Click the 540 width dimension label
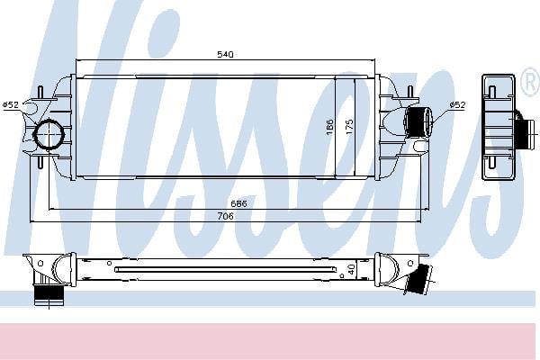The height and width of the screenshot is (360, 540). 225,54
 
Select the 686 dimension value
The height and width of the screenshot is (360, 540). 238,203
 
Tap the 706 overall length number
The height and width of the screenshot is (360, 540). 225,216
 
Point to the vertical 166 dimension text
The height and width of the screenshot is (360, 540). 329,127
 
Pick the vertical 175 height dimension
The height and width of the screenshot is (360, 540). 349,127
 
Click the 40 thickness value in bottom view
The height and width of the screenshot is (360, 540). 351,269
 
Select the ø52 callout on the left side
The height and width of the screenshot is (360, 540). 11,104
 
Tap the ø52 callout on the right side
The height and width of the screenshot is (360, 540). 457,104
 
